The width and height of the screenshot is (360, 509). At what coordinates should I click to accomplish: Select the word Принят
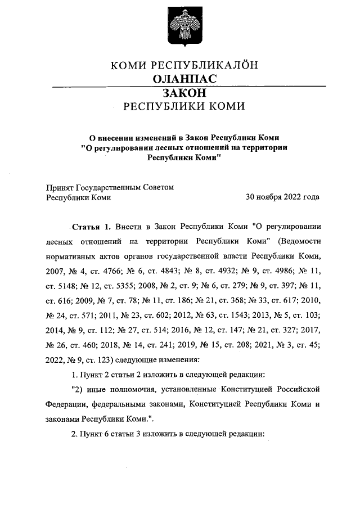pyautogui.click(x=60, y=187)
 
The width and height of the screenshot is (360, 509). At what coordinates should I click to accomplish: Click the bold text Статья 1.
pyautogui.click(x=90, y=227)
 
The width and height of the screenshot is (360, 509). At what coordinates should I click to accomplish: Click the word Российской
pyautogui.click(x=299, y=388)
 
